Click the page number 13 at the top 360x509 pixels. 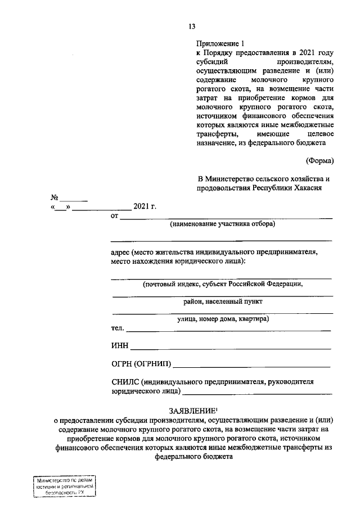point(192,26)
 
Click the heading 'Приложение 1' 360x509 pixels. point(221,43)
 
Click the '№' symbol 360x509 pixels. point(55,198)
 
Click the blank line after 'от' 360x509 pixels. point(226,216)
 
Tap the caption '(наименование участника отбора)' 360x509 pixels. point(223,224)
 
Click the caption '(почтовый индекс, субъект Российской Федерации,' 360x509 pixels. point(222,284)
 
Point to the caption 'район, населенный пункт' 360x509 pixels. point(222,301)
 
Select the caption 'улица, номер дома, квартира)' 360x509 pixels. point(222,319)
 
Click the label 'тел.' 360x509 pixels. point(118,328)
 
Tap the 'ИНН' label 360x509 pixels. point(120,346)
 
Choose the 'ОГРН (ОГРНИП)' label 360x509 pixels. point(142,364)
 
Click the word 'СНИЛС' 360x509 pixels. point(125,381)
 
